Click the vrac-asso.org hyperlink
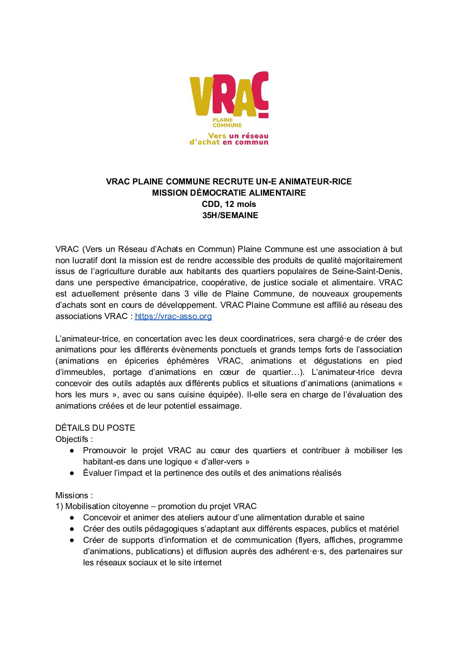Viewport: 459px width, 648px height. (x=173, y=316)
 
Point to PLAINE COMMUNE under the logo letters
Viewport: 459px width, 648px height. (x=227, y=123)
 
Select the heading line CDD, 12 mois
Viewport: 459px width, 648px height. (x=229, y=204)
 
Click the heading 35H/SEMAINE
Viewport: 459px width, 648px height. (x=230, y=216)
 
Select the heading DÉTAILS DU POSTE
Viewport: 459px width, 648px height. (x=95, y=428)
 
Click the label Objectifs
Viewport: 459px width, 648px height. (x=73, y=439)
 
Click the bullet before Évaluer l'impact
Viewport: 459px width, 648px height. (x=72, y=473)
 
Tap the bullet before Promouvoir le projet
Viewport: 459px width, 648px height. (x=72, y=451)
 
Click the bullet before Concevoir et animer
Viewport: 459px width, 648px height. (x=72, y=518)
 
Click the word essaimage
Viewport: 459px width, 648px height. (x=220, y=406)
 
